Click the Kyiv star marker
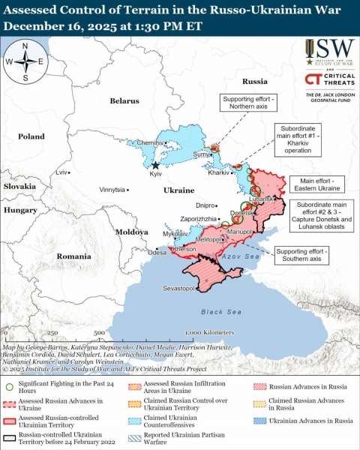pyautogui.click(x=155, y=165)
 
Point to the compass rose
pyautogui.click(x=25, y=61)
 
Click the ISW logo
pyautogui.click(x=330, y=51)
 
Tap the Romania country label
pyautogui.click(x=73, y=256)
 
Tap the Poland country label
pyautogui.click(x=31, y=136)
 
